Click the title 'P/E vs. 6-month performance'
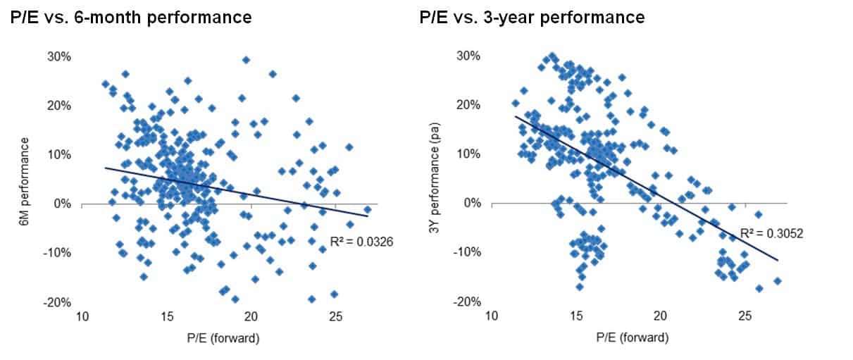click(x=131, y=17)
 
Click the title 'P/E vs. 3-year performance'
click(x=531, y=17)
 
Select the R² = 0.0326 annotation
click(x=362, y=242)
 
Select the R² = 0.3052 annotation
click(x=771, y=234)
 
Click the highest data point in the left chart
click(x=246, y=60)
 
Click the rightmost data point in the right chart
click(x=778, y=281)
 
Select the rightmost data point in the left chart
click(x=367, y=210)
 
